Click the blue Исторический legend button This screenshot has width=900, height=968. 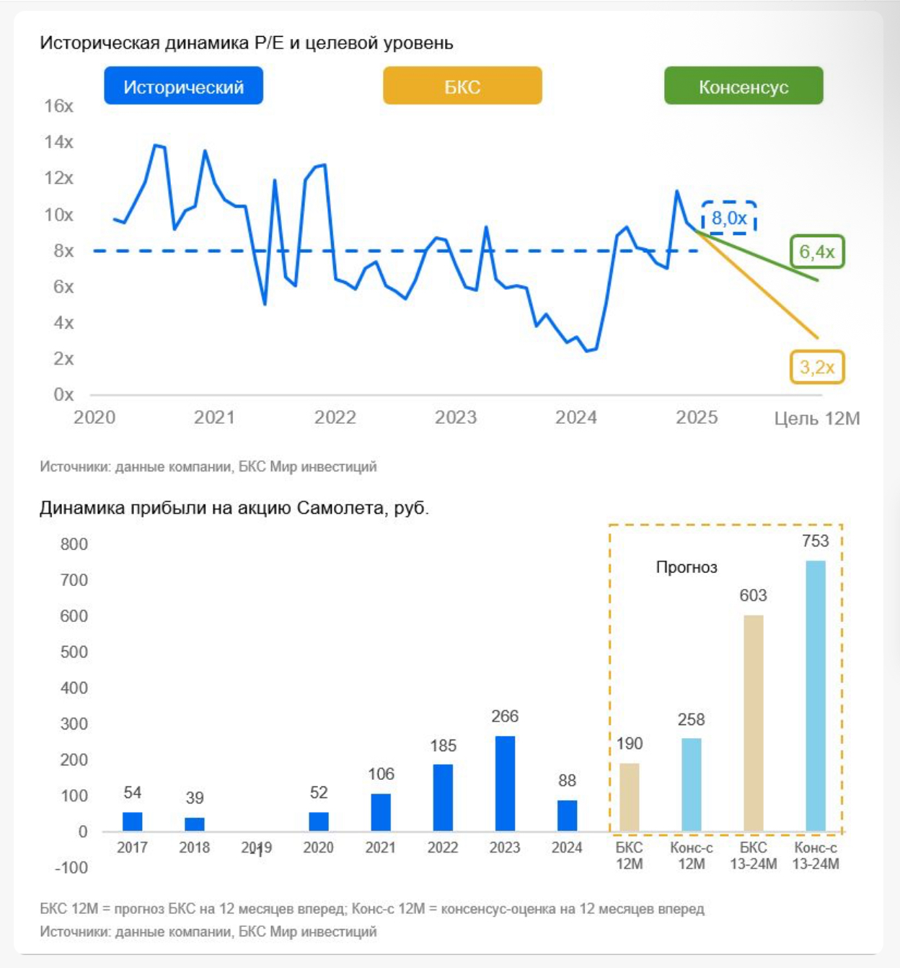point(183,86)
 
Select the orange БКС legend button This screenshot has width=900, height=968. point(462,86)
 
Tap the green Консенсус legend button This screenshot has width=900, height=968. point(744,86)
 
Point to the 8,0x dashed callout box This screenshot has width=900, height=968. point(729,218)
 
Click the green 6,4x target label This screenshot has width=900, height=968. point(816,252)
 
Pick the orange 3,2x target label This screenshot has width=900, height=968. point(816,367)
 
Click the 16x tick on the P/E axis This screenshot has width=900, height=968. point(59,106)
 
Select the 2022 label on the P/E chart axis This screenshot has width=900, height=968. point(335,417)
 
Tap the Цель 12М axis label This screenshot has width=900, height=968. point(816,418)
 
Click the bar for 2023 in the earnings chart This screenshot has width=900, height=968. point(505,783)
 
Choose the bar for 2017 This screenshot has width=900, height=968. point(133,822)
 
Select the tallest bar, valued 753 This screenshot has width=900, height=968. point(816,696)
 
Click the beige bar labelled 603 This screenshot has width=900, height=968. point(754,723)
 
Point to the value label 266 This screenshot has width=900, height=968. point(505,716)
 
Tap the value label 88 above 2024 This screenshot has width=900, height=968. point(568,781)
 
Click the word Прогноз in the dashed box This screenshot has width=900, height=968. point(687,567)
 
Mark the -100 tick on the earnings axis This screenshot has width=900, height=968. point(71,868)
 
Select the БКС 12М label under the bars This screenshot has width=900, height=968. point(630,856)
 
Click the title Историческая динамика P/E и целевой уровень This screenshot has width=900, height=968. point(247,43)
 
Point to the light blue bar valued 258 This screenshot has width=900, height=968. point(692,784)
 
